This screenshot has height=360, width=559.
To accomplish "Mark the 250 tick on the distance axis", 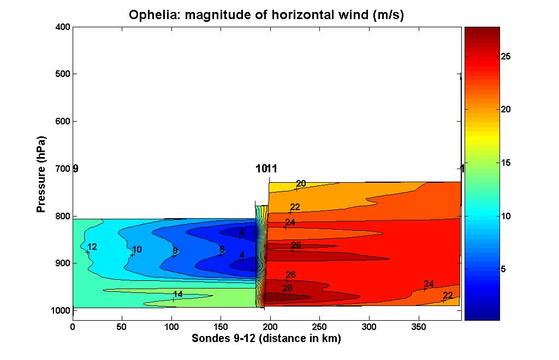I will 319,327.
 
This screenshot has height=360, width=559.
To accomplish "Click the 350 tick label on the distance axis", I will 418,327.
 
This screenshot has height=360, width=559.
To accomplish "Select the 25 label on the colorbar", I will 507,56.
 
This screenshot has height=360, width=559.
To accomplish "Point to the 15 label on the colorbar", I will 507,163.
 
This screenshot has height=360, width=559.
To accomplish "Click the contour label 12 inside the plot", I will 92,247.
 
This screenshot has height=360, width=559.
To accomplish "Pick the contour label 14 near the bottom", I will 178,295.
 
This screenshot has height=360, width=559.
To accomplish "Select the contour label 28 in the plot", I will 287,289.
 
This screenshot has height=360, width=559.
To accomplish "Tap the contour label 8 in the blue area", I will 175,251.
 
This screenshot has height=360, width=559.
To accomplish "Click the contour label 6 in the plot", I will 222,250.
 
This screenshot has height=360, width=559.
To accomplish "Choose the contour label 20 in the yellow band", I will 301,184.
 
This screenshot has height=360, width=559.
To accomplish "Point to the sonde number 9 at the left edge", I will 75,169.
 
